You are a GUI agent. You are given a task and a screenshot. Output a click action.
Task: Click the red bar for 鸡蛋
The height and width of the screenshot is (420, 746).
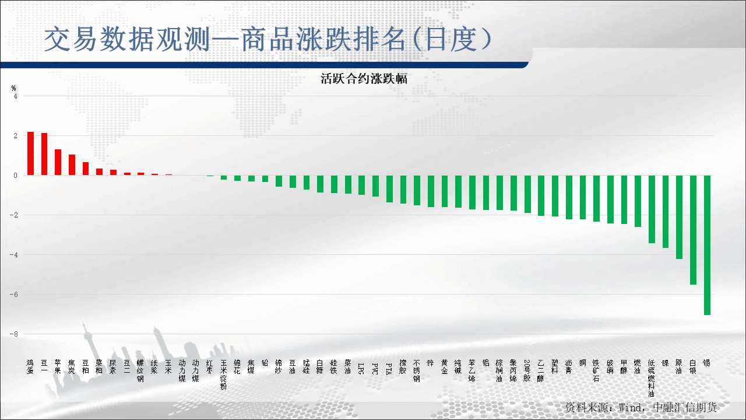(x=30, y=153)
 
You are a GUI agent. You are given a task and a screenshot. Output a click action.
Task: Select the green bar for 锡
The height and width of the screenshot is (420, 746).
(x=707, y=245)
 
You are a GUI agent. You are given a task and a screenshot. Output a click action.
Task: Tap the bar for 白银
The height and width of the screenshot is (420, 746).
(x=693, y=230)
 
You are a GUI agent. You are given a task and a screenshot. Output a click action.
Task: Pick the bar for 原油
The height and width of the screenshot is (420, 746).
(x=679, y=217)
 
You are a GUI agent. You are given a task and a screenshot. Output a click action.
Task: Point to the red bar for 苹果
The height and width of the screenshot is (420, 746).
(x=58, y=162)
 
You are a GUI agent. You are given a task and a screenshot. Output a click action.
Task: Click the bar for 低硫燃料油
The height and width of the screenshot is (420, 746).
(x=652, y=209)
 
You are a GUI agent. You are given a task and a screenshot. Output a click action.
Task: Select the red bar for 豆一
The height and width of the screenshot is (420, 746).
(x=44, y=154)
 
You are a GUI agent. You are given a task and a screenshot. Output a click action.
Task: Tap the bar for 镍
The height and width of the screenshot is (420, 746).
(x=666, y=211)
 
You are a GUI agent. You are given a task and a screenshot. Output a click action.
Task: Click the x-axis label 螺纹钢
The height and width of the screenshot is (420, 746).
(x=140, y=370)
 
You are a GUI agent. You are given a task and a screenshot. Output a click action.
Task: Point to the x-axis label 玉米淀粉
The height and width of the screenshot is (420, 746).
(x=224, y=374)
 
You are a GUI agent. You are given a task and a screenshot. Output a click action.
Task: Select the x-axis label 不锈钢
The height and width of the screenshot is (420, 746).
(x=417, y=370)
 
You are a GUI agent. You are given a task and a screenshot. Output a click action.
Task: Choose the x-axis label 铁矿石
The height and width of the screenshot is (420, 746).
(x=596, y=370)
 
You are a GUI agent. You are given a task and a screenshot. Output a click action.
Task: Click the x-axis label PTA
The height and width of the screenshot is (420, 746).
(x=389, y=368)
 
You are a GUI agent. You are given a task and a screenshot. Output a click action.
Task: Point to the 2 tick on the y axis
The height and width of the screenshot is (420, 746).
(x=15, y=136)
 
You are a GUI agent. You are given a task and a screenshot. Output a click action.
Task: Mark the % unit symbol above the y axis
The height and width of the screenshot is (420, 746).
(x=14, y=88)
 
